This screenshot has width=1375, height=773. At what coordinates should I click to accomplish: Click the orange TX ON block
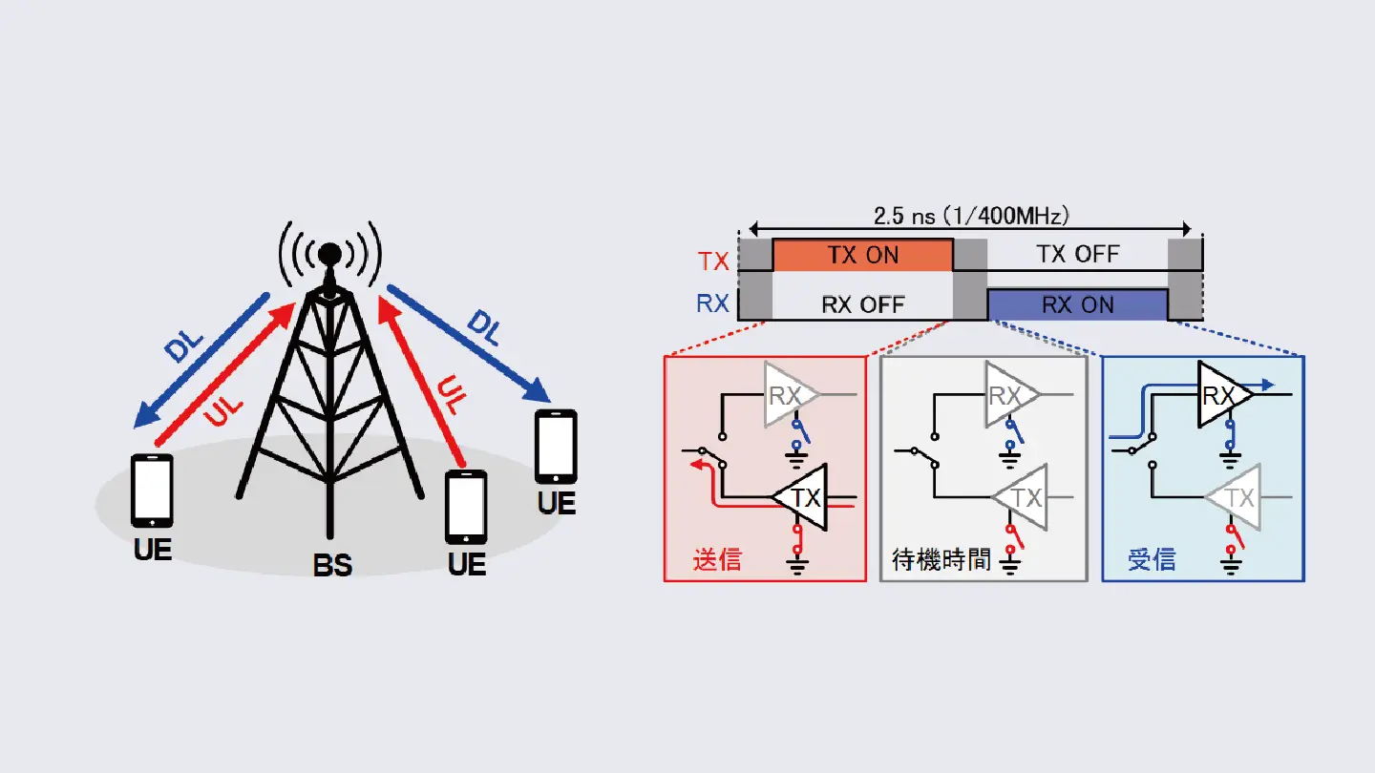point(862,255)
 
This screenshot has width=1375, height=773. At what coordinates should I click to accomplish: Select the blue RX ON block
point(1077,304)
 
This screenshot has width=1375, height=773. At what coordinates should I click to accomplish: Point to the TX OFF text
point(1078,254)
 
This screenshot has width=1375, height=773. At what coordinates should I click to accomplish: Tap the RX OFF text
point(863,305)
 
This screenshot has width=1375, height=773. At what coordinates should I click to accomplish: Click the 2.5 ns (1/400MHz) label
point(970,216)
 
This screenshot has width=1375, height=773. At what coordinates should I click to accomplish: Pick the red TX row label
point(713,261)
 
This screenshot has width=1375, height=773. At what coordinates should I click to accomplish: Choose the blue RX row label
point(712,303)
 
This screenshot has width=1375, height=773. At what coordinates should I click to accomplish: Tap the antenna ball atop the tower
point(329,254)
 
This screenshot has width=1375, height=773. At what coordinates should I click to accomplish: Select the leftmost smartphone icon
point(152,491)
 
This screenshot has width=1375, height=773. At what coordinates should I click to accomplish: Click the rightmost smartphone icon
point(556,447)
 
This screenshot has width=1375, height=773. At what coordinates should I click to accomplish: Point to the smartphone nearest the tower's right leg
point(466,507)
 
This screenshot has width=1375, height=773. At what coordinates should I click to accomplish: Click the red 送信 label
point(717,559)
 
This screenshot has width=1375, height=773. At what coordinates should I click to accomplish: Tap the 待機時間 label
point(941,559)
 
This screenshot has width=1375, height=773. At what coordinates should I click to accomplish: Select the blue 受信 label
point(1152,559)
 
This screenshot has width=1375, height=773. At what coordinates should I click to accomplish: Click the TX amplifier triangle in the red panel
point(800,497)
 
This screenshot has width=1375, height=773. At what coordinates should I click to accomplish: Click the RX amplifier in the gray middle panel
point(1011,394)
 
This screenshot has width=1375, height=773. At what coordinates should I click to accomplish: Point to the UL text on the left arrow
point(223,410)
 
